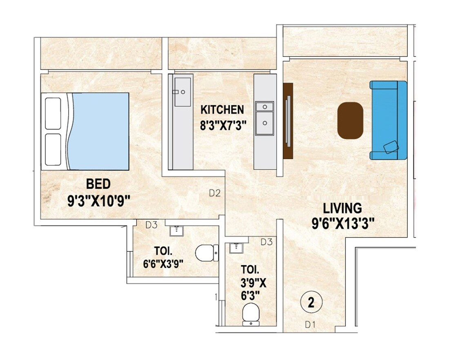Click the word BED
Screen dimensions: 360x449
[98, 184]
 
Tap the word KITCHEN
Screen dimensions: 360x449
[222, 110]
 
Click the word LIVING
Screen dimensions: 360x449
[342, 208]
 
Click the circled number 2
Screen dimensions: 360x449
[311, 303]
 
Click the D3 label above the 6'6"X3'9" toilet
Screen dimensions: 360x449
[151, 224]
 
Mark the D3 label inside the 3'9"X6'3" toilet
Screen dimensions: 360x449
[266, 242]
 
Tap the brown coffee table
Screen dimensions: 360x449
[350, 120]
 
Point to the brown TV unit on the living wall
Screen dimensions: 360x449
[288, 121]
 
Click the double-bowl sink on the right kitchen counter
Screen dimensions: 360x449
[265, 118]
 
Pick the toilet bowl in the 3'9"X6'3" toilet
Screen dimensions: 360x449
[250, 316]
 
